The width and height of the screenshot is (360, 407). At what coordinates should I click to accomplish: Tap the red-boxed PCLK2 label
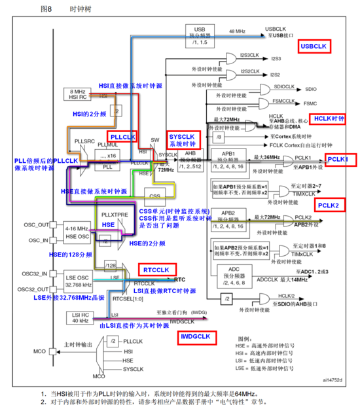click(x=329, y=205)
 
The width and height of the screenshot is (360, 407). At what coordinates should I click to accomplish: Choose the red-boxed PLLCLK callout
click(x=122, y=137)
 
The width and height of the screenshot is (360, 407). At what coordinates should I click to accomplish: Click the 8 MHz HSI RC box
click(x=78, y=94)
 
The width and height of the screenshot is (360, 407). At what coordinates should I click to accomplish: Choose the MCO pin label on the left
click(x=39, y=351)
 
